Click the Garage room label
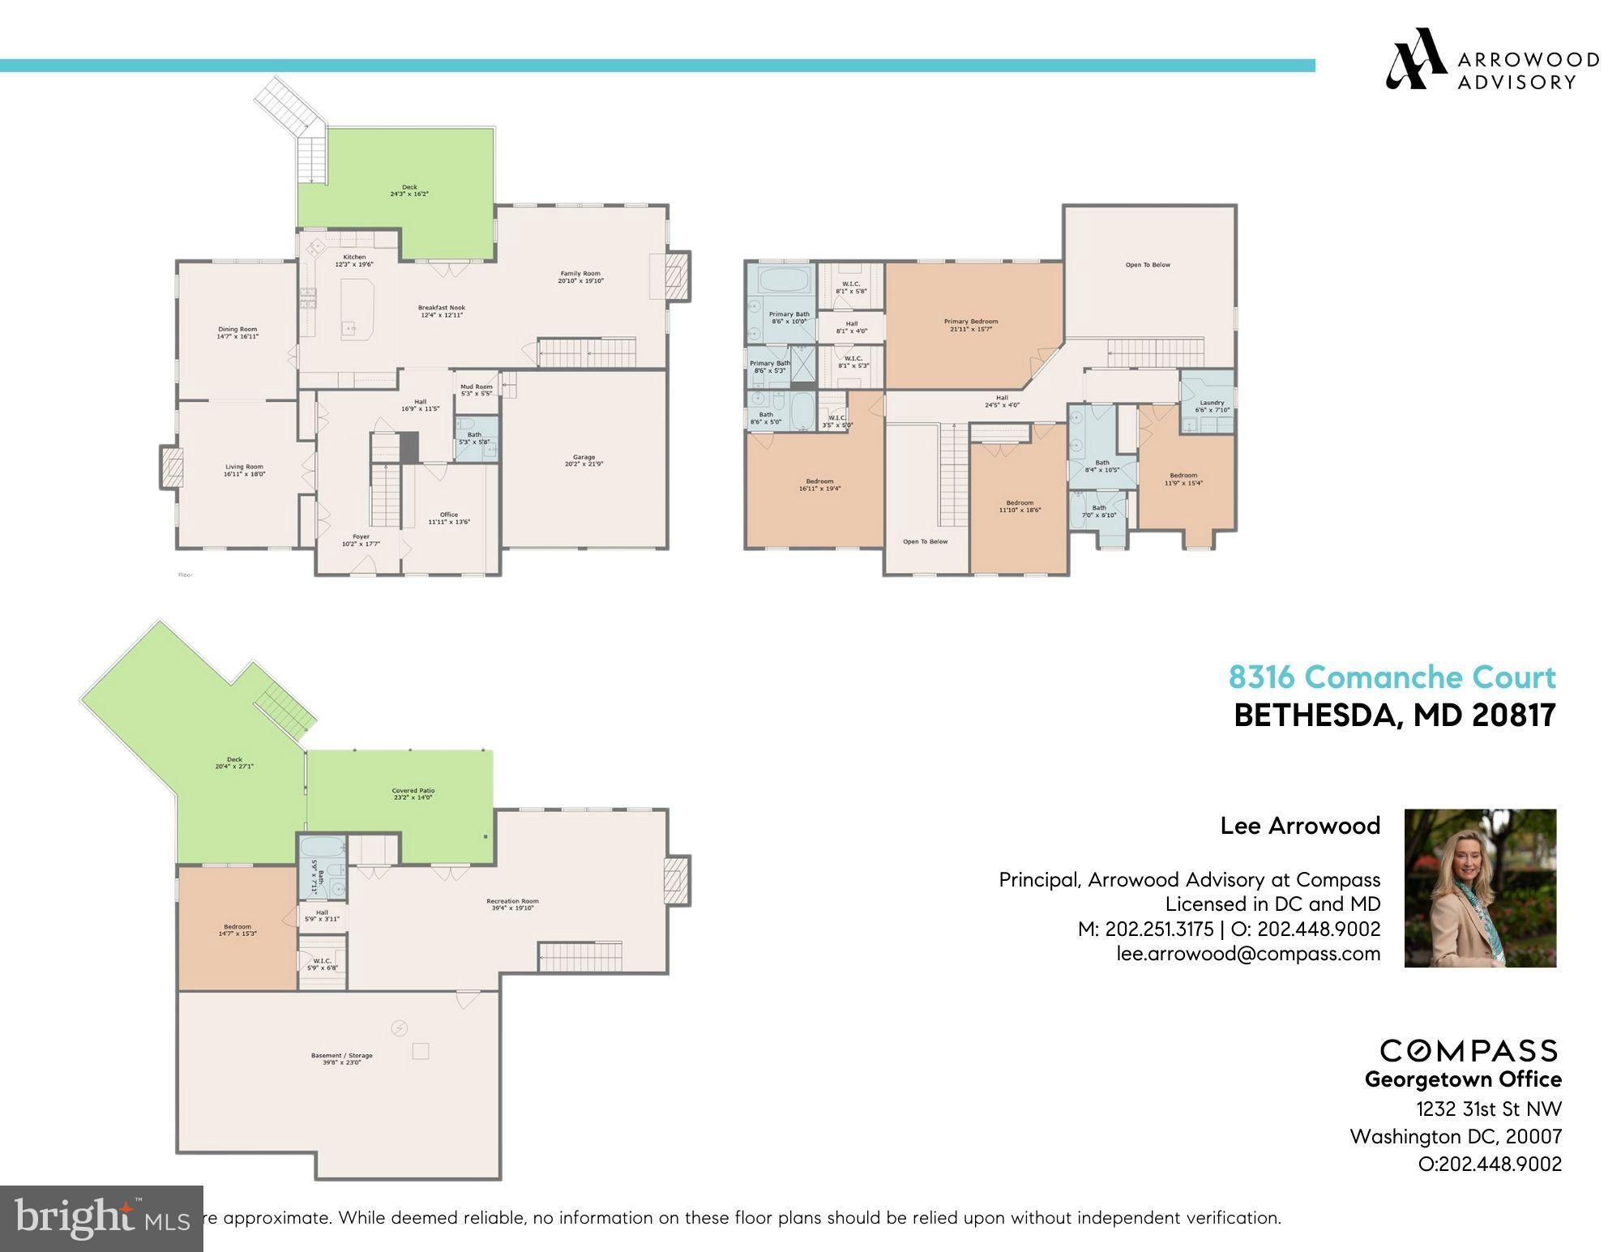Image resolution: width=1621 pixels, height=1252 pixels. click(x=584, y=460)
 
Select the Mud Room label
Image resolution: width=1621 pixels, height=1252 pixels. click(x=477, y=390)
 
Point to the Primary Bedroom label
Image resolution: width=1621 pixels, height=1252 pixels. click(x=971, y=325)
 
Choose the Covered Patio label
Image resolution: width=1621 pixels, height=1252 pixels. click(x=413, y=793)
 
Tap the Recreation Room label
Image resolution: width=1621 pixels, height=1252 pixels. click(x=512, y=904)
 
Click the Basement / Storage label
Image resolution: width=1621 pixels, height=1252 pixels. click(x=341, y=1058)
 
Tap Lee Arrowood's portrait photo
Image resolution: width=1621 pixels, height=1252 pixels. click(x=1480, y=887)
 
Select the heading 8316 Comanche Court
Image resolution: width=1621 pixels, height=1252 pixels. click(x=1392, y=677)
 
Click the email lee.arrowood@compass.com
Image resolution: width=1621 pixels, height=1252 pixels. click(x=1248, y=954)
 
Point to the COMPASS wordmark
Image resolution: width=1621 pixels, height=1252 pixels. click(x=1469, y=1051)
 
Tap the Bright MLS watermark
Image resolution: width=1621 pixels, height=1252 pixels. click(x=101, y=1218)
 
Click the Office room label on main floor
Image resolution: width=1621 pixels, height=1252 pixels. click(x=449, y=518)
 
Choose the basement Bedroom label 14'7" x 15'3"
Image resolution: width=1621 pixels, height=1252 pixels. click(x=237, y=930)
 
